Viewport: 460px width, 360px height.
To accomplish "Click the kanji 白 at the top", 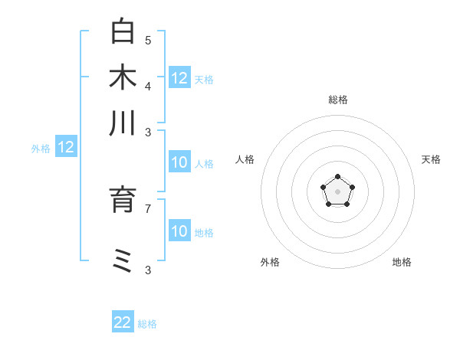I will pyautogui.click(x=123, y=32).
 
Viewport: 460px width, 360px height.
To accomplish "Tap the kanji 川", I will pyautogui.click(x=123, y=123).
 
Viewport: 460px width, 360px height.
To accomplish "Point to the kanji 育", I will pyautogui.click(x=123, y=199).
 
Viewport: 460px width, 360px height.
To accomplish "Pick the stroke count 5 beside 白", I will pyautogui.click(x=148, y=40).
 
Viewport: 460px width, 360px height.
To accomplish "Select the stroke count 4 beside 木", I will pyautogui.click(x=148, y=85).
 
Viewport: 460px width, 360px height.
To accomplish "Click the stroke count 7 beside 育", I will pyautogui.click(x=148, y=208).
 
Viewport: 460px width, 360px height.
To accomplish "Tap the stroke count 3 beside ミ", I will pyautogui.click(x=148, y=270).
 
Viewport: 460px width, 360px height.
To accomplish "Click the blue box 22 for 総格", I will pyautogui.click(x=123, y=322).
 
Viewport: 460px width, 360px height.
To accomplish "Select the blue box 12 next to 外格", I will pyautogui.click(x=66, y=148).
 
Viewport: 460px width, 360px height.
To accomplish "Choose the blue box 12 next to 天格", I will pyautogui.click(x=179, y=77).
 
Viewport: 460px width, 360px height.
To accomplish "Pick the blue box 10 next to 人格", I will pyautogui.click(x=179, y=162).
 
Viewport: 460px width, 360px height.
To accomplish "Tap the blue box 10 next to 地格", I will pyautogui.click(x=179, y=231).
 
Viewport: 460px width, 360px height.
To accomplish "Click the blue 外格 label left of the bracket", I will pyautogui.click(x=41, y=149).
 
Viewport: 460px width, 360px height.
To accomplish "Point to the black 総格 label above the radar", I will pyautogui.click(x=338, y=100).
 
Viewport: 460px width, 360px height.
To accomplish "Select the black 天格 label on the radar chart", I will pyautogui.click(x=431, y=159).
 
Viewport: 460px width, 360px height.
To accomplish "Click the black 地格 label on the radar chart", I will pyautogui.click(x=402, y=262).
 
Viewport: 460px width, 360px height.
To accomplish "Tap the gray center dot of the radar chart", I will pyautogui.click(x=337, y=192).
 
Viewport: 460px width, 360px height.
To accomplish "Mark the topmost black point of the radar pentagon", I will pyautogui.click(x=337, y=177).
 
